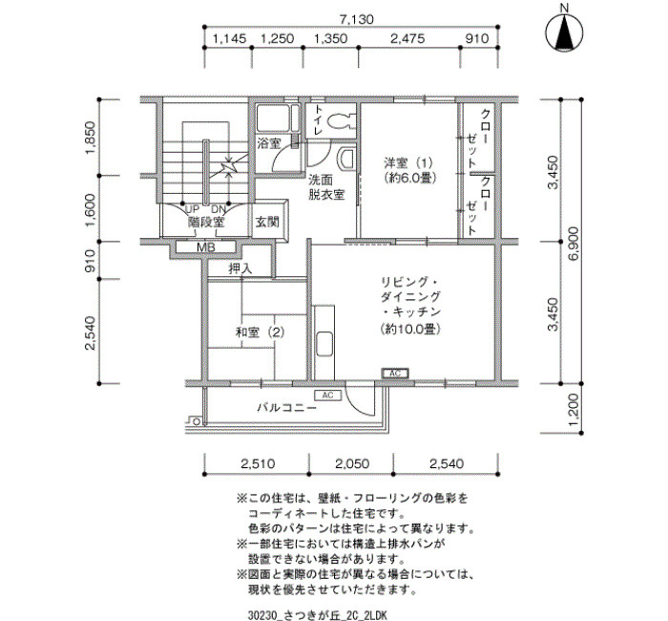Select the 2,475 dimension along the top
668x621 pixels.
point(407,39)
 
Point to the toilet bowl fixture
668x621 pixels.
point(342,119)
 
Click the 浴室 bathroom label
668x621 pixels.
point(269,143)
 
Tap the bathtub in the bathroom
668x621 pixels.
point(274,118)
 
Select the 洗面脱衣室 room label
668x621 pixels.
point(326,187)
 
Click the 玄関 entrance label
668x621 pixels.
point(267,222)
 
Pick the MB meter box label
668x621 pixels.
point(206,246)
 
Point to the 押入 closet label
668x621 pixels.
point(240,268)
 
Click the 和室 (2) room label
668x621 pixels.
point(260,332)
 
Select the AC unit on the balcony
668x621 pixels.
point(327,396)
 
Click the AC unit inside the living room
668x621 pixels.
point(395,374)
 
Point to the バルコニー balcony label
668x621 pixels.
point(286,408)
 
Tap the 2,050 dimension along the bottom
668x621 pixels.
point(352,463)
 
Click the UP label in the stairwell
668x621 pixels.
point(193,210)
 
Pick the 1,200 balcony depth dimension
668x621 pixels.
point(574,409)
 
